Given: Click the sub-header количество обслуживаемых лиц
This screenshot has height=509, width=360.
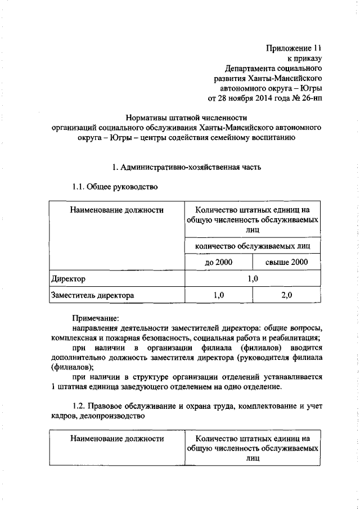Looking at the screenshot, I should (250, 246).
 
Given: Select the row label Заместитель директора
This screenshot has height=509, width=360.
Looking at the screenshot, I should (92, 295).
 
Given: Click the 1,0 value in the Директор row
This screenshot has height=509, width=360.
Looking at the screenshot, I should (251, 278).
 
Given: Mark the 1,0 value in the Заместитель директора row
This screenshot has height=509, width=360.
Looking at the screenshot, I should (218, 295).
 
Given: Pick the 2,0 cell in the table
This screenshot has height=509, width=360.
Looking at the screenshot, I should (286, 295).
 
